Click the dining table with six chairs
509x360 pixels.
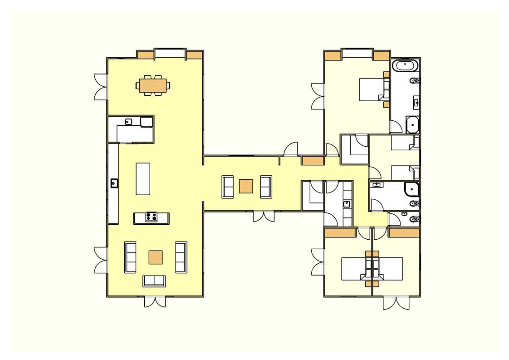tap(152, 85)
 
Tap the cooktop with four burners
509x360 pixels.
tap(151, 217)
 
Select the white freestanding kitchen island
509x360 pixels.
tap(143, 179)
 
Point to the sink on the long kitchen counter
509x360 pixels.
tap(114, 183)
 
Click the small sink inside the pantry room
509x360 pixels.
tap(128, 121)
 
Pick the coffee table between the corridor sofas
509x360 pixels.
tap(246, 186)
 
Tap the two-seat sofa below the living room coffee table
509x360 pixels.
tap(154, 281)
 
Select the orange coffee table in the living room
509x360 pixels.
tap(156, 257)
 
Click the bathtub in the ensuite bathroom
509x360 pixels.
tap(405, 65)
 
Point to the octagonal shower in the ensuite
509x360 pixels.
tap(412, 124)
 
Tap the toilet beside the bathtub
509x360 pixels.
tap(414, 81)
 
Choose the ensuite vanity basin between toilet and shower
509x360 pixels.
tap(416, 102)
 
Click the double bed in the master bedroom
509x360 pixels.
tap(373, 89)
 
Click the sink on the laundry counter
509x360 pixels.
tap(347, 204)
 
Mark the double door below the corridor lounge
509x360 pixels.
tap(264, 216)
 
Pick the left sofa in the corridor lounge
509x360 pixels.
tap(227, 187)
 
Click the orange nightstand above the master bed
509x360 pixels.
tap(387, 74)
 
